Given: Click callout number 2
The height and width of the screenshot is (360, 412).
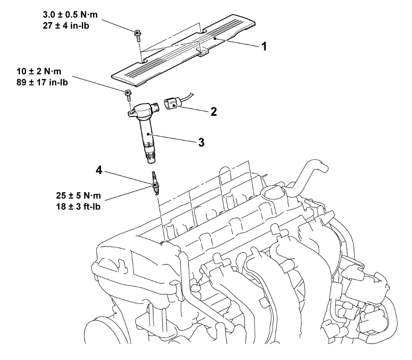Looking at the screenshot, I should click(x=213, y=111).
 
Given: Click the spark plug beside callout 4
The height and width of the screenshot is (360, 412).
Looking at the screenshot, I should click(x=154, y=183).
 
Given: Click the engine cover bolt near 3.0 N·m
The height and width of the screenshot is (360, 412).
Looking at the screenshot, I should click(x=138, y=34).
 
